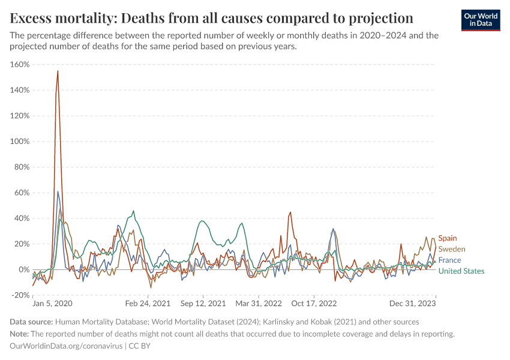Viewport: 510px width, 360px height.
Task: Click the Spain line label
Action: [447, 238]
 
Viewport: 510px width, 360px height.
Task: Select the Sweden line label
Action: [451, 249]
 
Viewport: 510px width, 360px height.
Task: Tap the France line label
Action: [449, 260]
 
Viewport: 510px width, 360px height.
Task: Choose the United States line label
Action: [461, 271]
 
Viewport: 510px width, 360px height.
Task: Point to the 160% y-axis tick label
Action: [20, 64]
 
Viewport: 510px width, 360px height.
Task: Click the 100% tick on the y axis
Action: [20, 141]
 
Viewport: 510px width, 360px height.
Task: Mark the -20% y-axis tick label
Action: [20, 295]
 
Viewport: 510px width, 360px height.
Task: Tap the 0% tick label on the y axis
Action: [24, 269]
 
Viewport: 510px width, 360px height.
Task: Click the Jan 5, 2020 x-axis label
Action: [52, 304]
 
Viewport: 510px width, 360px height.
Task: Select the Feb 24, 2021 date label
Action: [144, 304]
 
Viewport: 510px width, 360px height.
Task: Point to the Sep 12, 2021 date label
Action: [203, 304]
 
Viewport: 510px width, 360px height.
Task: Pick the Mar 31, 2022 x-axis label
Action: [259, 304]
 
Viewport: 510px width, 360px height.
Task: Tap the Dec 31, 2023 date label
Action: [416, 304]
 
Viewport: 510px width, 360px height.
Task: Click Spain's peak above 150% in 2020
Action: [58, 71]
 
